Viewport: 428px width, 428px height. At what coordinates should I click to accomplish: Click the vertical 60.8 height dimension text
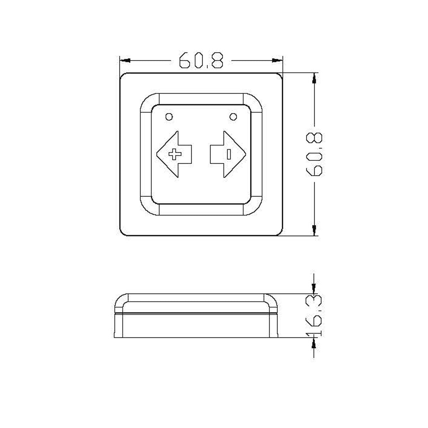(314, 154)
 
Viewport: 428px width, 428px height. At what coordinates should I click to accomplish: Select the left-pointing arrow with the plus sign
(174, 154)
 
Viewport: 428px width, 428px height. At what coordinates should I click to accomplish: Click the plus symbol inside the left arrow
(174, 154)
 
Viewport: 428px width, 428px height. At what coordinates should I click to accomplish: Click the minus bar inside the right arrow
(229, 154)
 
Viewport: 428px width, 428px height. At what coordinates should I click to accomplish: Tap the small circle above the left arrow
(169, 117)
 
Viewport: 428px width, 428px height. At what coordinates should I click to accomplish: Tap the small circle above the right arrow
(233, 117)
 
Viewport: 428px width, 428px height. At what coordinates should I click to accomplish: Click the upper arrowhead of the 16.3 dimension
(314, 289)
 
